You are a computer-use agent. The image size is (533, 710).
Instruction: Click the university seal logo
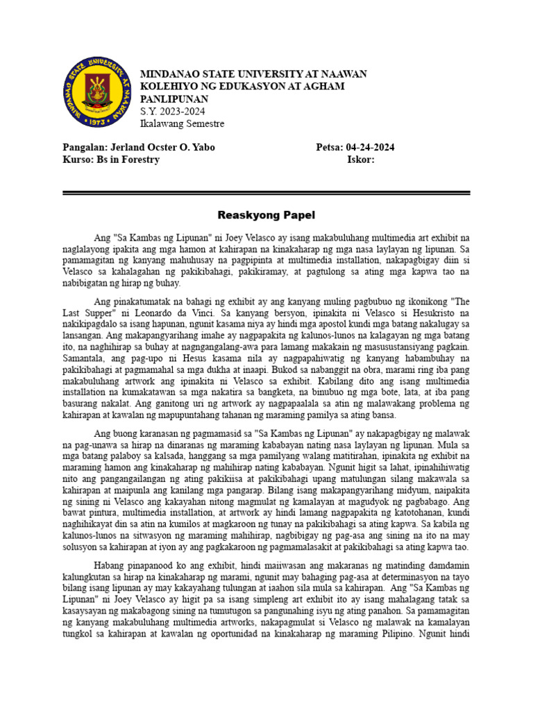tap(96, 92)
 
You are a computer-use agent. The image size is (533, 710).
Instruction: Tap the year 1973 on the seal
tap(96, 121)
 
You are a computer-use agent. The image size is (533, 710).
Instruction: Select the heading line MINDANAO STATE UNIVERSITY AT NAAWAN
tap(253, 74)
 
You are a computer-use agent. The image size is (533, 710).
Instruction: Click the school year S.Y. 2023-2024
tap(173, 112)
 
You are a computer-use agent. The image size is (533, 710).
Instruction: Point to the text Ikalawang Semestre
tap(182, 124)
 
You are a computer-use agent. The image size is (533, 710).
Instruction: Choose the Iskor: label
tap(361, 159)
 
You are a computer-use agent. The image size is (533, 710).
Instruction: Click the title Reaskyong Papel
tap(266, 215)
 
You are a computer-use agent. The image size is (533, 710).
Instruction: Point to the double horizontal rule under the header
tap(266, 193)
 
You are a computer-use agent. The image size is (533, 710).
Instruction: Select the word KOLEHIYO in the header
tap(167, 87)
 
